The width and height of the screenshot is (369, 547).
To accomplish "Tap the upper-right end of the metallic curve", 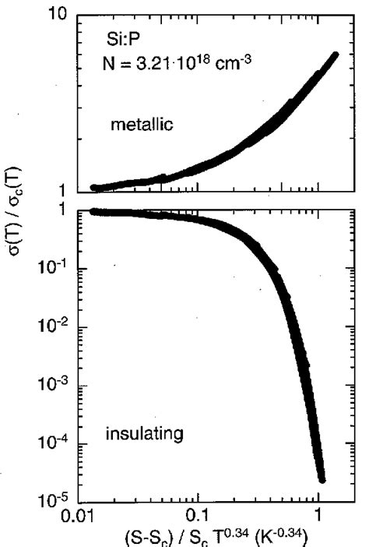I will tap(336, 55).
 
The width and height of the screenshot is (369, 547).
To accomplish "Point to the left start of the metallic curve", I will tap(94, 187).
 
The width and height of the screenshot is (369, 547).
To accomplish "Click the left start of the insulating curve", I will tap(94, 211).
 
